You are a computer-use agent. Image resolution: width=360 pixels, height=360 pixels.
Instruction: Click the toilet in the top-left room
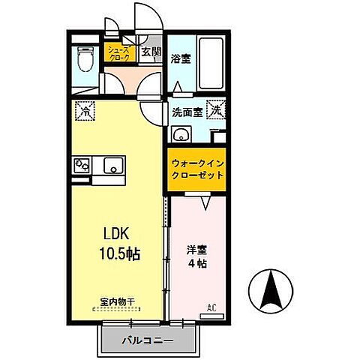[x=84, y=58]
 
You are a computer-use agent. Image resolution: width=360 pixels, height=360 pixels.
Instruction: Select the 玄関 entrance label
[x=151, y=52]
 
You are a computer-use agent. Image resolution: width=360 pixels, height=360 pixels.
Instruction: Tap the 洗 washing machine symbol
[x=216, y=109]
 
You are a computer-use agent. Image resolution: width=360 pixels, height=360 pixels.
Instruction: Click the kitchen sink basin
[x=112, y=166]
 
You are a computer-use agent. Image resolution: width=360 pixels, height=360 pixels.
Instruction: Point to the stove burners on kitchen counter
[x=81, y=166]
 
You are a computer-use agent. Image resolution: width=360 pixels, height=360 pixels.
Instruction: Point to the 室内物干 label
[x=117, y=302]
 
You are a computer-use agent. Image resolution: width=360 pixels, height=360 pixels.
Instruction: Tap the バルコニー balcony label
[x=148, y=341]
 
